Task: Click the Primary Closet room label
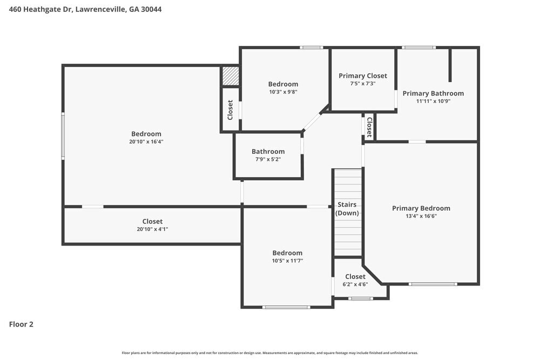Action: coord(362,76)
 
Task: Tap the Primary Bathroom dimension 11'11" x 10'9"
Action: coord(433,101)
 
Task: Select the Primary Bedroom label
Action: coord(421,208)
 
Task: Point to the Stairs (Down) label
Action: coord(347,209)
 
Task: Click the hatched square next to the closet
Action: coord(231,76)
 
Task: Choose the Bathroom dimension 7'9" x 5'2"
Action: coord(268,159)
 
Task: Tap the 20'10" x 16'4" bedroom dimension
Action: coord(146,142)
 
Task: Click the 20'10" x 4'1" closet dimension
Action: coord(152,229)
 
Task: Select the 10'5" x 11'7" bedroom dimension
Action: coord(287,261)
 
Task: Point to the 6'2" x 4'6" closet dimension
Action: coord(355,284)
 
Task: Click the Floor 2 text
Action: coord(21,324)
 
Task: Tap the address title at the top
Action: coord(85,9)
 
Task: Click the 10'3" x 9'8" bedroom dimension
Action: coord(283,92)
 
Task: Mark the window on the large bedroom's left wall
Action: coord(63,135)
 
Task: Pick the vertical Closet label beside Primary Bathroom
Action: coord(369,127)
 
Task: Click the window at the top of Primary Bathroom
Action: coord(418,47)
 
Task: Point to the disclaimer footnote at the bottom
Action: coord(270,353)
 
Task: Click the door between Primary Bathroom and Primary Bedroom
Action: coord(416,141)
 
